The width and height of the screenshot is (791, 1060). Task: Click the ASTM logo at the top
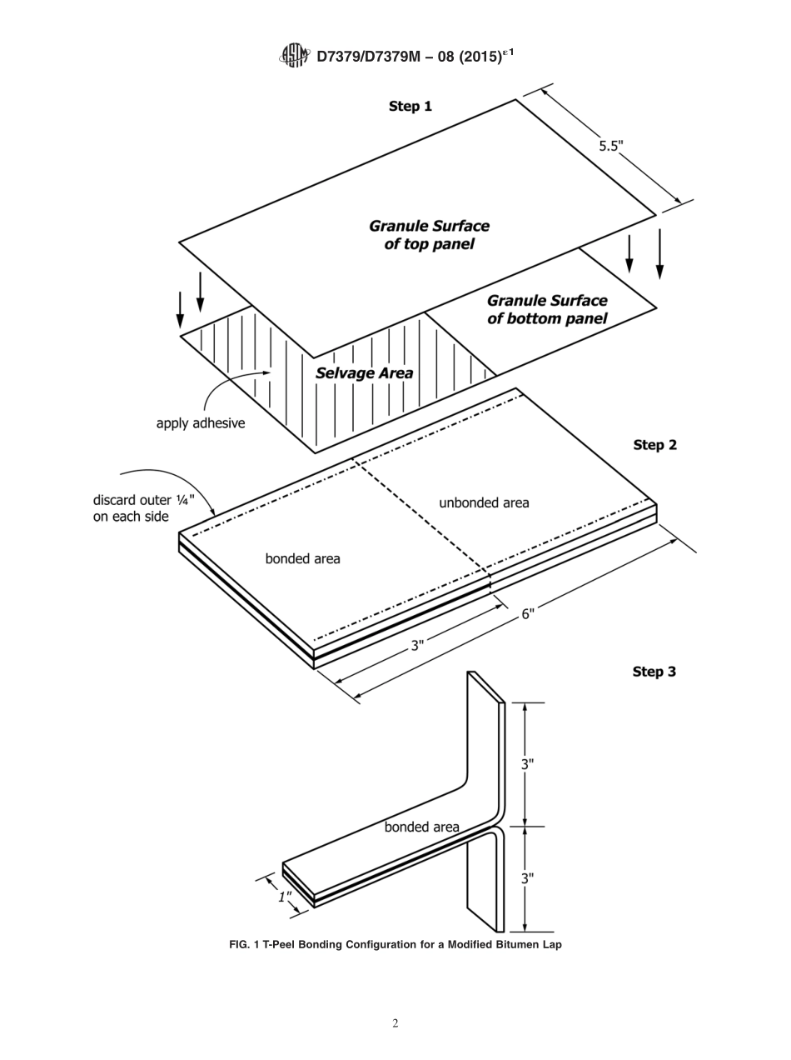pyautogui.click(x=295, y=56)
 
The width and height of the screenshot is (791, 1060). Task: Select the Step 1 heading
pyautogui.click(x=410, y=107)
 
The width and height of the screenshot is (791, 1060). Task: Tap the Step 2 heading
pyautogui.click(x=654, y=445)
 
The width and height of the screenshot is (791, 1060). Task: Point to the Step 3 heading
pyautogui.click(x=654, y=672)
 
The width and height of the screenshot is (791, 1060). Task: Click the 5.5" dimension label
pyautogui.click(x=611, y=146)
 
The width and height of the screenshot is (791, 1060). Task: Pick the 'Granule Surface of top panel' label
pyautogui.click(x=429, y=235)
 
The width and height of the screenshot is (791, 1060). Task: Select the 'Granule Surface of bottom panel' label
pyautogui.click(x=547, y=309)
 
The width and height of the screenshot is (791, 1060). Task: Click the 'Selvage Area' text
pyautogui.click(x=364, y=373)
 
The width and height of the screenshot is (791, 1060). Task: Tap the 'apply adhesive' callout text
pyautogui.click(x=201, y=423)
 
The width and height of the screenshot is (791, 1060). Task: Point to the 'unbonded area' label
pyautogui.click(x=484, y=502)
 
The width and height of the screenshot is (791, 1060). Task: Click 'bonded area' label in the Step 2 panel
pyautogui.click(x=302, y=558)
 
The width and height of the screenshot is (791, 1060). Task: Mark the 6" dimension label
pyautogui.click(x=528, y=613)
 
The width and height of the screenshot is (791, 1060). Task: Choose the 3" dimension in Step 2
pyautogui.click(x=417, y=645)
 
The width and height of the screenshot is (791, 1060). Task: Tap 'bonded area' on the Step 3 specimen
pyautogui.click(x=421, y=827)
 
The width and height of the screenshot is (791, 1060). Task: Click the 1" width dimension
pyautogui.click(x=284, y=897)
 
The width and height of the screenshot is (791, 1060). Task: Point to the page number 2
pyautogui.click(x=395, y=1024)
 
